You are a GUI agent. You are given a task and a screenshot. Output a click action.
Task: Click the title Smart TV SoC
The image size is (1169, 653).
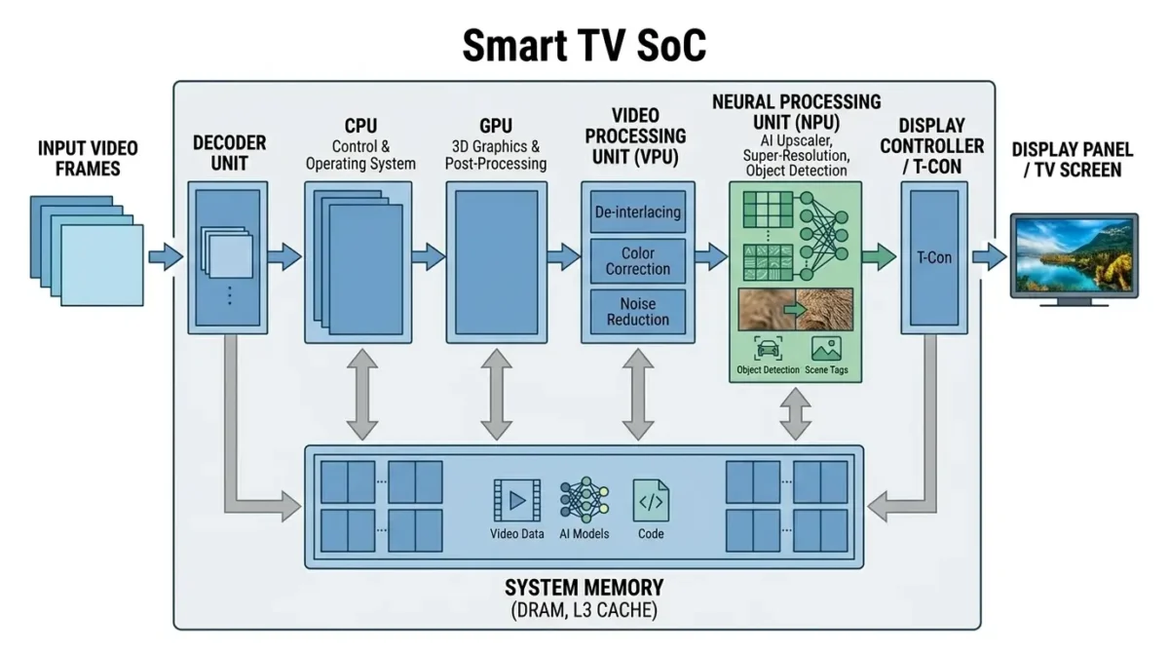[x=584, y=46]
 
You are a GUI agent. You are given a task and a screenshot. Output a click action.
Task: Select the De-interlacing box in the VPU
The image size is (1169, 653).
[x=638, y=212]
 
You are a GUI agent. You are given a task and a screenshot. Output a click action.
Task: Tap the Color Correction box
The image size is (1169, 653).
[x=638, y=261]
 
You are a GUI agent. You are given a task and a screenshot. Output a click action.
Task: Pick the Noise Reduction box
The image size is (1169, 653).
[x=638, y=312]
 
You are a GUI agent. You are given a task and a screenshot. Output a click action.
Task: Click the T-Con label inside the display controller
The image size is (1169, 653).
[x=933, y=257]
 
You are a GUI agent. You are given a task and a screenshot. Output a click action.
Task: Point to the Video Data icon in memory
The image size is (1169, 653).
[x=516, y=501]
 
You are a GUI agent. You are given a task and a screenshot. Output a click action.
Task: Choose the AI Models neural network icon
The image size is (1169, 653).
[x=584, y=501]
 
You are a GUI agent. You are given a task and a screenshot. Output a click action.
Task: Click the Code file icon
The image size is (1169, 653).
[x=651, y=501]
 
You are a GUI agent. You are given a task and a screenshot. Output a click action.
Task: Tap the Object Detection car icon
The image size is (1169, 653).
[x=768, y=349]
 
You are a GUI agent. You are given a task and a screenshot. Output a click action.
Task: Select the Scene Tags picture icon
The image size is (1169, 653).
[x=826, y=349]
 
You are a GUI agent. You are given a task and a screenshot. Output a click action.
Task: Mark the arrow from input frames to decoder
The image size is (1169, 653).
[x=166, y=257]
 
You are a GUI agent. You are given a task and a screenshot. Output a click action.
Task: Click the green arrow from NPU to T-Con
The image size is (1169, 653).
[x=879, y=257]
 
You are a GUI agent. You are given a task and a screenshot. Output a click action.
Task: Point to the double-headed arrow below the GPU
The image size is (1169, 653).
[x=496, y=396]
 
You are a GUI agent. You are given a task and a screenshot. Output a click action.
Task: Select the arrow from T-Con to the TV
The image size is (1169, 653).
[x=988, y=257]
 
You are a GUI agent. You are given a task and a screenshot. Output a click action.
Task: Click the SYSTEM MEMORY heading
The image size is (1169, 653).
[x=584, y=588]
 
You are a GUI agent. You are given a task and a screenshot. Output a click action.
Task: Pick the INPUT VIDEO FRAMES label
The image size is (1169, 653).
[x=88, y=159]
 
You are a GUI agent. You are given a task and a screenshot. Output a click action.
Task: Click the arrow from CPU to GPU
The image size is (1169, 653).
[x=428, y=257]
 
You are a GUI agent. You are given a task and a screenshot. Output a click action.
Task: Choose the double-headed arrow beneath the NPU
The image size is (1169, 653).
[x=796, y=413]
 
